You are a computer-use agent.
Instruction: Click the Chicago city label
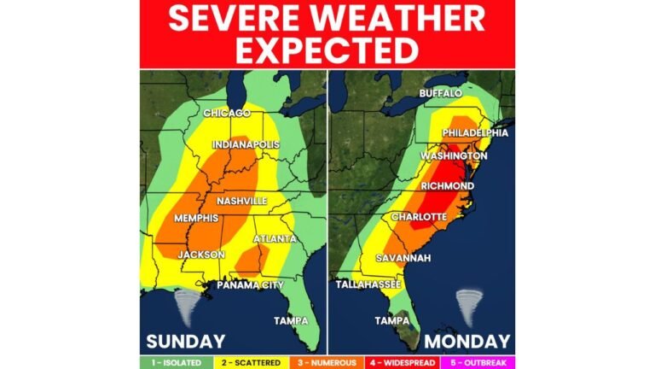tap(227, 113)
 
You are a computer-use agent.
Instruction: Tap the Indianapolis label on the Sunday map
tap(245, 145)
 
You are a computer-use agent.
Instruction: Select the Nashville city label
tap(242, 201)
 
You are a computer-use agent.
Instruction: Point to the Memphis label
tap(196, 219)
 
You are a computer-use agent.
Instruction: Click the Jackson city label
tap(201, 255)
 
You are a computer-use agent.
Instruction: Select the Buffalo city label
tap(441, 92)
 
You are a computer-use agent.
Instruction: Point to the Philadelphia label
tap(475, 133)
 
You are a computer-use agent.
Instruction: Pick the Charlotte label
tap(419, 217)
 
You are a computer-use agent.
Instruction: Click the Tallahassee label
tap(362, 284)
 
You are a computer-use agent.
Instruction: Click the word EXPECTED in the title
tap(327, 50)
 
